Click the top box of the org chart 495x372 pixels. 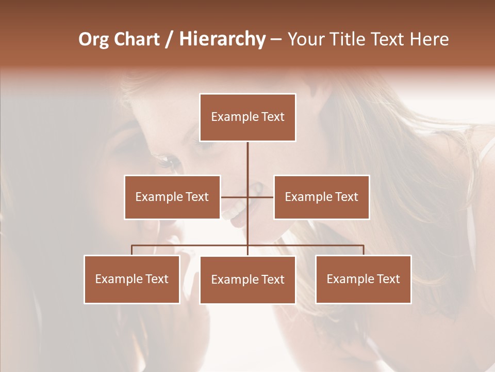pyautogui.click(x=247, y=117)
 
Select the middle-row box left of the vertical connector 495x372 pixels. pyautogui.click(x=172, y=197)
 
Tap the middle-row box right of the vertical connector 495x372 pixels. pyautogui.click(x=322, y=197)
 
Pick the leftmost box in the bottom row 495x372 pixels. pyautogui.click(x=132, y=279)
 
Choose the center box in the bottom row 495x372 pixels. pyautogui.click(x=247, y=280)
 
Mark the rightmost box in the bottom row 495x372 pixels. pyautogui.click(x=364, y=279)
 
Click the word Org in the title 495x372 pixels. pyautogui.click(x=93, y=39)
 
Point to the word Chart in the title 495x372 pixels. pyautogui.click(x=137, y=39)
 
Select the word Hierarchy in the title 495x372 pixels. pyautogui.click(x=222, y=39)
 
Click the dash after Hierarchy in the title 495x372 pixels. pyautogui.click(x=276, y=39)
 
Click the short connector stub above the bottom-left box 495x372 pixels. pyautogui.click(x=132, y=250)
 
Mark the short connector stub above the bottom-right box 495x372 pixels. pyautogui.click(x=364, y=250)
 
